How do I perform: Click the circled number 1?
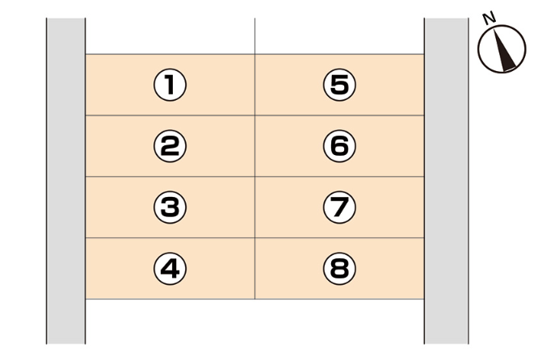(x=170, y=85)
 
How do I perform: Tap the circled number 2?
(x=170, y=146)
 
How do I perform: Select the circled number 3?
(x=170, y=207)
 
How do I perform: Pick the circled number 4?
(x=170, y=268)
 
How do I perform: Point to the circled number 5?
(x=339, y=85)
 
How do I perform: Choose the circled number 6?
(x=339, y=146)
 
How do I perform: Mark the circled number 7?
(x=339, y=207)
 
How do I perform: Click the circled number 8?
(x=339, y=268)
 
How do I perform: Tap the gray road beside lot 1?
(x=65, y=85)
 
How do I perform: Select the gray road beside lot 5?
(x=446, y=85)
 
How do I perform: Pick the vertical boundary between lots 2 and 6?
(x=255, y=146)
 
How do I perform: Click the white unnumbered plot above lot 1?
(x=170, y=36)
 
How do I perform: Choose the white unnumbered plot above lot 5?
(x=339, y=36)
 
